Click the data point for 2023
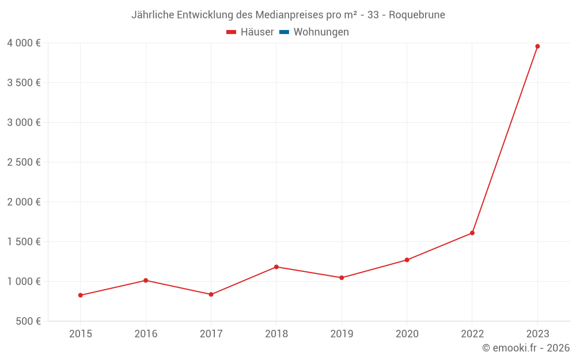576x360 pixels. tap(537, 46)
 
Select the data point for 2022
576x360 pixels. tap(472, 233)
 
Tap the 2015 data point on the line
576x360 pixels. tap(81, 295)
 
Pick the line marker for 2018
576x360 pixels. tap(276, 267)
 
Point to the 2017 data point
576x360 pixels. tap(211, 294)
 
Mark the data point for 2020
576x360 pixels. tap(407, 260)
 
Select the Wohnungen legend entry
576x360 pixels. tap(321, 32)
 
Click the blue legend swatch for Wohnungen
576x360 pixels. tap(284, 32)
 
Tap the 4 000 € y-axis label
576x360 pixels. tap(24, 43)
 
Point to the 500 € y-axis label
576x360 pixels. tap(28, 321)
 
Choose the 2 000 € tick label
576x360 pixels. tap(24, 202)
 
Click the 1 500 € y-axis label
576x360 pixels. tap(24, 241)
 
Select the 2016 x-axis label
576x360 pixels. tap(146, 334)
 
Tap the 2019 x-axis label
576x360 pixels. tap(342, 334)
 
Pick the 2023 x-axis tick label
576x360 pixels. tap(537, 334)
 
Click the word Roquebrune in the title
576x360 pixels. tap(417, 15)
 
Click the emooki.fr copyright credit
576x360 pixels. tap(526, 348)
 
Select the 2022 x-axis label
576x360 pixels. tap(472, 334)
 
